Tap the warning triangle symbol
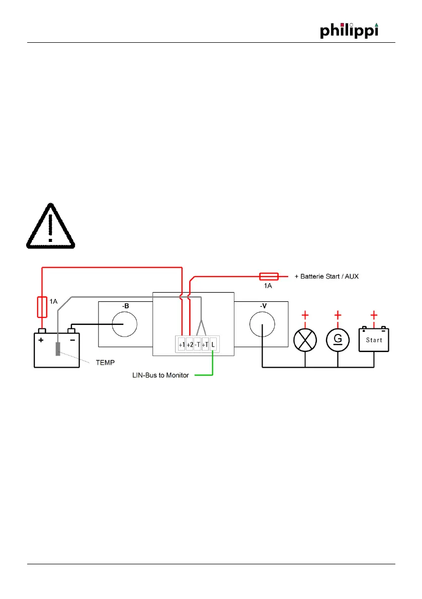click(x=50, y=226)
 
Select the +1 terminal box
click(x=182, y=345)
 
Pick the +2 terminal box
click(x=190, y=345)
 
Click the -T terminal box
click(x=197, y=345)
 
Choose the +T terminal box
click(x=205, y=345)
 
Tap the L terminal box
click(x=213, y=345)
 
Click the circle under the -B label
click(x=125, y=324)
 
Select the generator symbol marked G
click(x=338, y=339)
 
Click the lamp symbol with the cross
click(x=305, y=339)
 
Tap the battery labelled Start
click(x=374, y=340)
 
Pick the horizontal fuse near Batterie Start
click(x=269, y=276)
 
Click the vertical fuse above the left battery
click(x=42, y=307)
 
